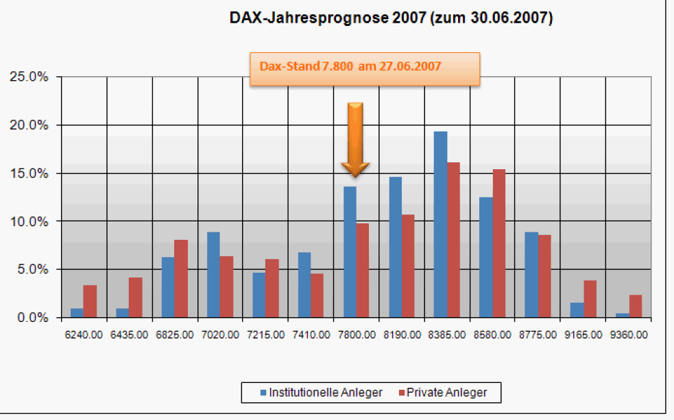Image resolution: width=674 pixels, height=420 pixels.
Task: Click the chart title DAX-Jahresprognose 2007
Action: point(391,19)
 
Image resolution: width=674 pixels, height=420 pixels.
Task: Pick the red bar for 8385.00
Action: point(453,240)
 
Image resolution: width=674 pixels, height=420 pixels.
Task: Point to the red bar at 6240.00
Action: point(90,301)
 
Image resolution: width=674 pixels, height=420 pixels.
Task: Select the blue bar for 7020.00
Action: point(213,275)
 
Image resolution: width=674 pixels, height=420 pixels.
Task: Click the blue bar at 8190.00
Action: point(395,247)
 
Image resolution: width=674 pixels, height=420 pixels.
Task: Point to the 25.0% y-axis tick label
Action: point(29,77)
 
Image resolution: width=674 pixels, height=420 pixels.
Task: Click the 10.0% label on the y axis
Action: point(29,221)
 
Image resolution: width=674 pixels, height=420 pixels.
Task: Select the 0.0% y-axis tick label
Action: point(32,318)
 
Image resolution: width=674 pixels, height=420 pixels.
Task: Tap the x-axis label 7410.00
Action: point(310,335)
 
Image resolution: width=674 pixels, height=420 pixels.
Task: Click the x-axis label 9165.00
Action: point(582,335)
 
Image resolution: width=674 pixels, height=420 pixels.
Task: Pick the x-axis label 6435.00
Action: point(129,335)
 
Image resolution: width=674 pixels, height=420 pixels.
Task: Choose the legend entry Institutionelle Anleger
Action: point(318,393)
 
